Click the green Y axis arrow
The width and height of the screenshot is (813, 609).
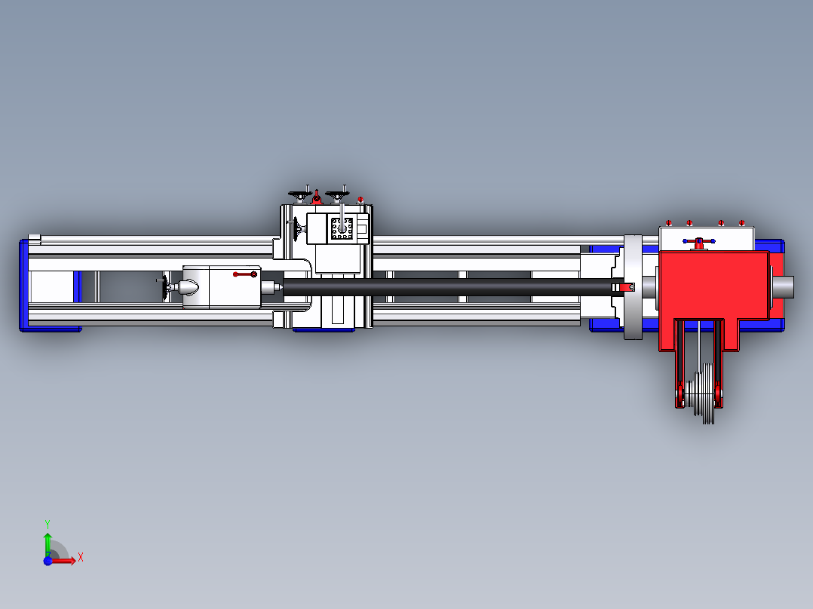click(48, 543)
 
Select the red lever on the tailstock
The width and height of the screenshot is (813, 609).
click(245, 274)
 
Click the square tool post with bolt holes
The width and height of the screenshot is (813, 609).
click(342, 228)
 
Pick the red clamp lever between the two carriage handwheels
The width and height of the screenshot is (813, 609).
click(317, 197)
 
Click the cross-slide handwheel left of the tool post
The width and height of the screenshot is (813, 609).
click(296, 229)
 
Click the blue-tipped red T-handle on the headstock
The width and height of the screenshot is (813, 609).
click(699, 242)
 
